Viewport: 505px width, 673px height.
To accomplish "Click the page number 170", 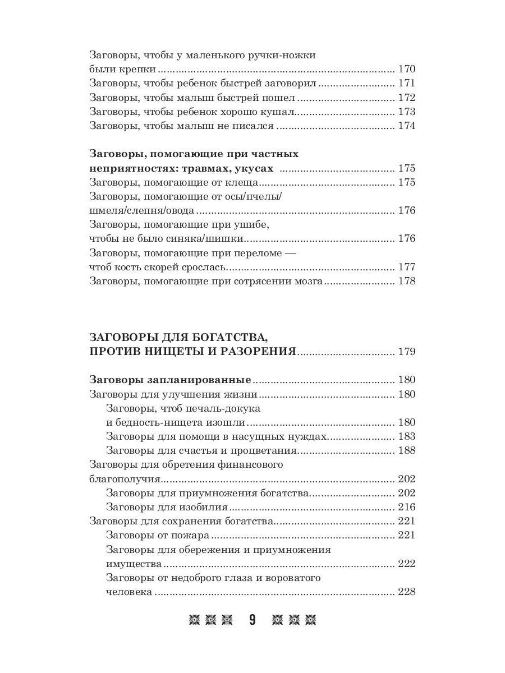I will tap(406, 70).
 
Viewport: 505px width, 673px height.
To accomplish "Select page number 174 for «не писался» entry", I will tap(406, 126).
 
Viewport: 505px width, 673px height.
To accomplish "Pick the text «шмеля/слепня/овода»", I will tap(142, 210).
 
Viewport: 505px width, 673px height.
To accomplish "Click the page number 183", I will tap(406, 436).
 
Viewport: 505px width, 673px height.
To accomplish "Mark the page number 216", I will tap(406, 507).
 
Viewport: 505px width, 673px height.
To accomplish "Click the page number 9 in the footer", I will tap(252, 620).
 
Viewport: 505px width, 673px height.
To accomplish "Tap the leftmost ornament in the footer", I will tap(194, 620).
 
